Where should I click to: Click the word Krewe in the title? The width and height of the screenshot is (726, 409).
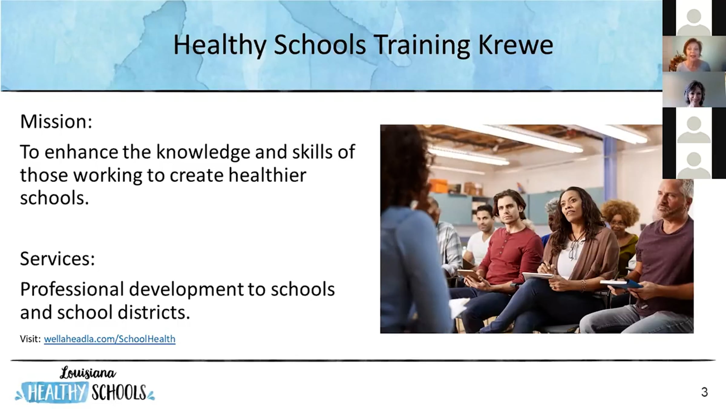click(516, 45)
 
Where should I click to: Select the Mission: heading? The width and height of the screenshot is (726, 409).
click(56, 121)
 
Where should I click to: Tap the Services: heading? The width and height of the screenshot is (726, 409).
click(57, 259)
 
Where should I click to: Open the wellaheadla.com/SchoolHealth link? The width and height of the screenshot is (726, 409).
click(110, 339)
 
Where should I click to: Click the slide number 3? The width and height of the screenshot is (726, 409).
click(705, 392)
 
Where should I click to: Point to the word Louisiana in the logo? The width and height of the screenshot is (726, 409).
click(88, 373)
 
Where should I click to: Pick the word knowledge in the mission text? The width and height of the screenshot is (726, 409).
click(203, 152)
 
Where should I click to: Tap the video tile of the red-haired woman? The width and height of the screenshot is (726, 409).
click(694, 54)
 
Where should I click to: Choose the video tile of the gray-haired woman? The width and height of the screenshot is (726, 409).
click(694, 89)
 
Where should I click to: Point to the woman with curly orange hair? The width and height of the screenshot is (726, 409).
click(620, 227)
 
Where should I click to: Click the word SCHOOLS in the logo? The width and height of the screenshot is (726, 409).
click(119, 393)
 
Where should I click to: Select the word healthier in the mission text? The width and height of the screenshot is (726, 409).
click(267, 175)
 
